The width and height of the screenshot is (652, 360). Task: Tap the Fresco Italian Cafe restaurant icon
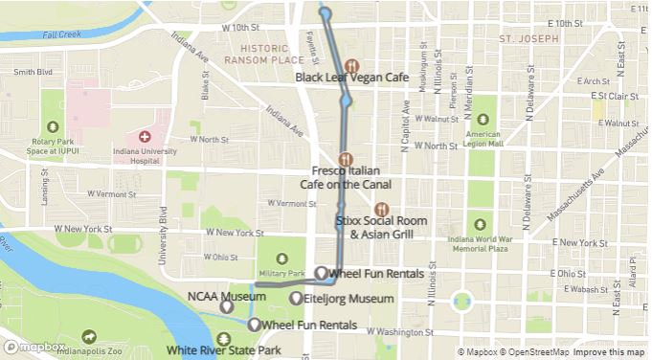(346, 159)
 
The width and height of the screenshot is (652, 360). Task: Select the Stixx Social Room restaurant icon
(382, 209)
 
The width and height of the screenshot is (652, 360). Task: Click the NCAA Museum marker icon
(226, 307)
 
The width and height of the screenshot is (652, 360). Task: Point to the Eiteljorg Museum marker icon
(296, 300)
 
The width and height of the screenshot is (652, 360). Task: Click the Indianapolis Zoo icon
(89, 336)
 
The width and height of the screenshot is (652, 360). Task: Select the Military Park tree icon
(283, 258)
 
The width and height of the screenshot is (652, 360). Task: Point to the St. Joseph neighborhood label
(527, 38)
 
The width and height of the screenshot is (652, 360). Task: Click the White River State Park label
(223, 350)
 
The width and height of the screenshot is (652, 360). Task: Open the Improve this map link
(610, 352)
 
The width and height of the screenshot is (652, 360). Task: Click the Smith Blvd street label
(33, 72)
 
